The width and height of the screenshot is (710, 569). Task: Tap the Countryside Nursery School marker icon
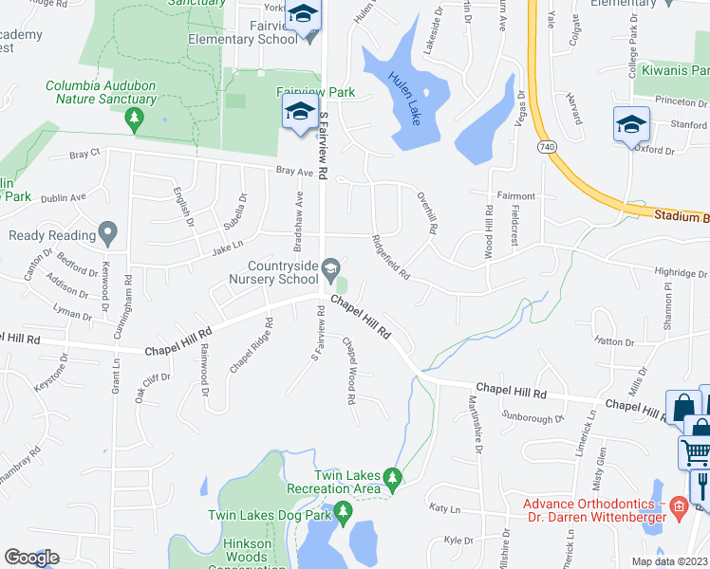330,267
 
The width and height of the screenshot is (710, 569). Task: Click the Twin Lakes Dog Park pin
343,515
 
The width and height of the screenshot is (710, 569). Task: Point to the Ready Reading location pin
107,232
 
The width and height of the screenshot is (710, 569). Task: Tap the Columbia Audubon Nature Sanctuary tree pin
135,117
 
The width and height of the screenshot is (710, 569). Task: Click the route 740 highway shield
546,148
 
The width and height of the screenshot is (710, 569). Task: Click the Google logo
30,558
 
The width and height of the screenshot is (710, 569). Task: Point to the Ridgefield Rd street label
390,257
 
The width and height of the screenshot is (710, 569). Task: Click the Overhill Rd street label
426,214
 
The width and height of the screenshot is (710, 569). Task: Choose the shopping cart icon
695,452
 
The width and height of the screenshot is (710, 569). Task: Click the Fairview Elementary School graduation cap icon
304,15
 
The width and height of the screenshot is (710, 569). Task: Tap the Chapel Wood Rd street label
348,372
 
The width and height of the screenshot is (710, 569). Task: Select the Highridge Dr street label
681,272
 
